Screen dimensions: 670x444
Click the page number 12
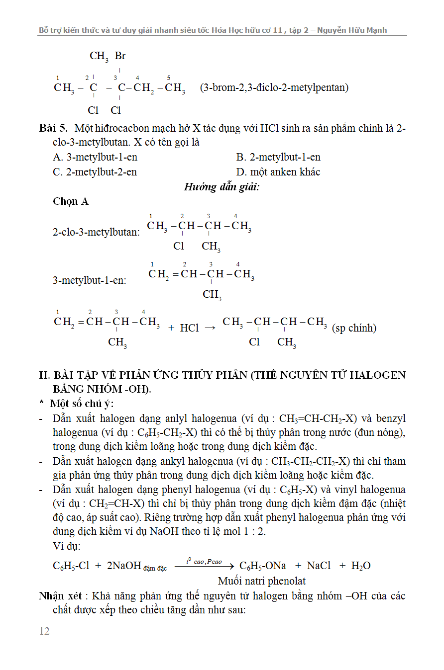(44, 631)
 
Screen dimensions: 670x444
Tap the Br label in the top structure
(120, 56)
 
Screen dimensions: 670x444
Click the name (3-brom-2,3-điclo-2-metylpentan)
(274, 88)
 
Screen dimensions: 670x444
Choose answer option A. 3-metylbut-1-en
(95, 158)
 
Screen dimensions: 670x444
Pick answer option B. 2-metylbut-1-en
(278, 158)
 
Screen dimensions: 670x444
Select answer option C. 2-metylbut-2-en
(95, 172)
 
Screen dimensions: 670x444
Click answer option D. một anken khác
(278, 172)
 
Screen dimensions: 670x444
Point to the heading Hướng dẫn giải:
(222, 187)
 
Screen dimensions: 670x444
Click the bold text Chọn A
(71, 201)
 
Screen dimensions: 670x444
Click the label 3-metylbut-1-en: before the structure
(90, 280)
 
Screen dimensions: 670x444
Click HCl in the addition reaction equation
(189, 328)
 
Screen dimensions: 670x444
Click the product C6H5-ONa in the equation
(263, 566)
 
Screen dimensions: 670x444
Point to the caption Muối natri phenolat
(262, 581)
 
